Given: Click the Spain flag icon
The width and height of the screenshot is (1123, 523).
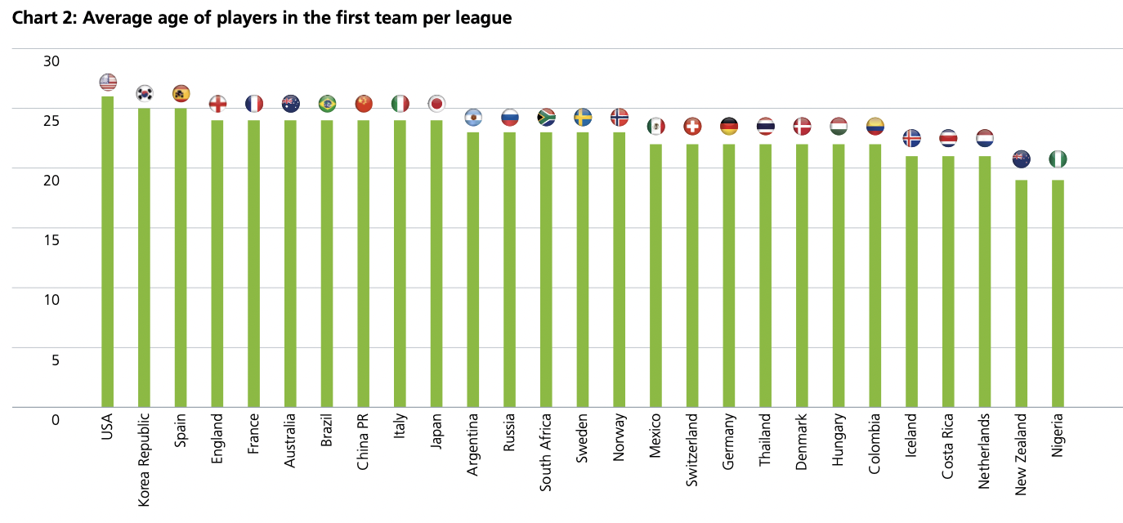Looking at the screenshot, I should pos(181,94).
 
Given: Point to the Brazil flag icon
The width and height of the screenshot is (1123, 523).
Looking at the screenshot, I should pos(327,104).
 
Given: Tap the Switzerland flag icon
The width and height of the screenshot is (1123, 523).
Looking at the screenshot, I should pos(692,127).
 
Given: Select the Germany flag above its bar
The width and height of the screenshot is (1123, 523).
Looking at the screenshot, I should pos(729,127).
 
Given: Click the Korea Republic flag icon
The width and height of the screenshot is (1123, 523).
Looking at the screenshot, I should pos(145,93).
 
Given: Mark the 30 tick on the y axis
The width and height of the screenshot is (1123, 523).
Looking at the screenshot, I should pos(51,61).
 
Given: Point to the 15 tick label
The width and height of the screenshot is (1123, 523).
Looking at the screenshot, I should pos(51,240).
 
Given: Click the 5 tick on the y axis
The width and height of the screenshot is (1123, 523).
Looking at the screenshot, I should pos(55,360).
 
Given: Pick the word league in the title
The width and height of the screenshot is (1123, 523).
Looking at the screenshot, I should pos(485,18).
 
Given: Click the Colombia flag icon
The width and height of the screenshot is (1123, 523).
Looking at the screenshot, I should pos(875,127).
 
